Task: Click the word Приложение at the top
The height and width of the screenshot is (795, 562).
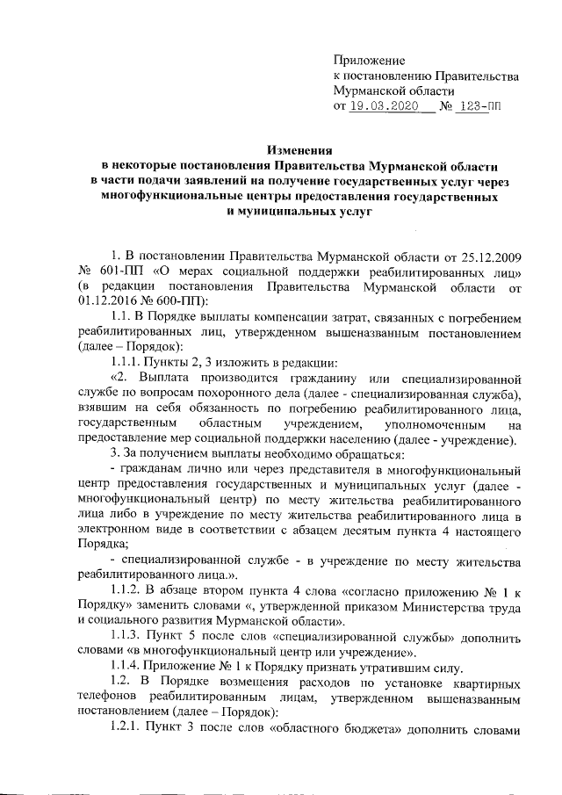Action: point(369,61)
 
